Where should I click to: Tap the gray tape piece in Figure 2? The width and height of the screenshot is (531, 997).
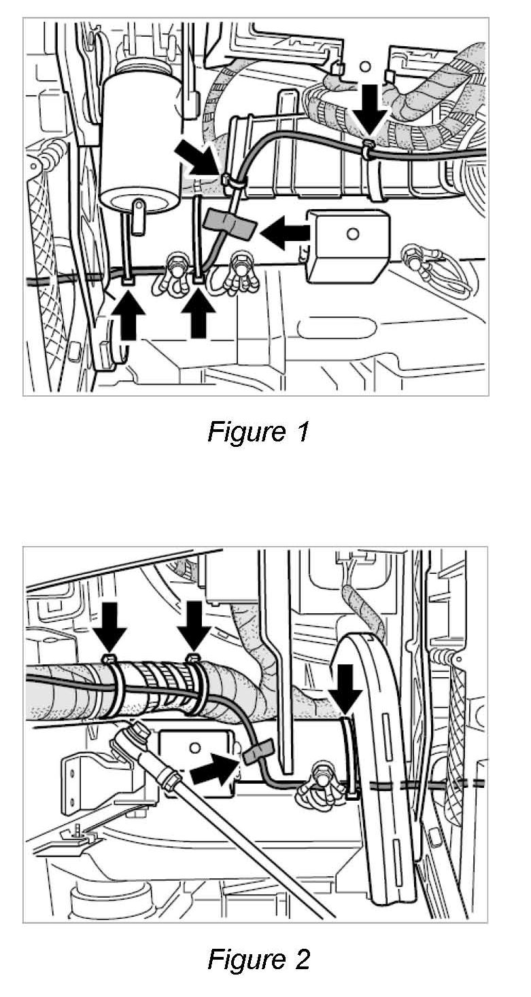coord(255,751)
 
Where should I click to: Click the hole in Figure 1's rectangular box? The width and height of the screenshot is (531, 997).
coord(352,234)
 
